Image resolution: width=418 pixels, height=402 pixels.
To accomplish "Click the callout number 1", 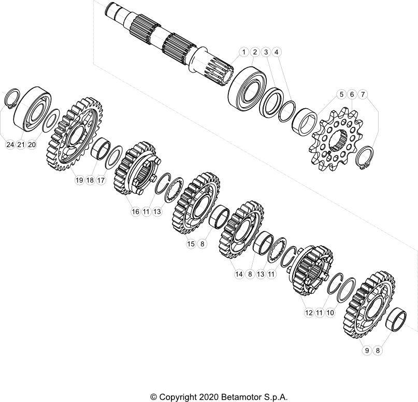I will (x=243, y=52).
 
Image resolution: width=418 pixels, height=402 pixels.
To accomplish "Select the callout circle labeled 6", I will (x=352, y=94).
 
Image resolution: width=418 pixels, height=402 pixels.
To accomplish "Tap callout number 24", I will (x=10, y=145).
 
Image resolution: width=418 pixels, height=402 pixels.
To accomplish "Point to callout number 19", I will (x=79, y=180).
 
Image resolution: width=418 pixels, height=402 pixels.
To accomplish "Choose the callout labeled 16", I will (x=136, y=211).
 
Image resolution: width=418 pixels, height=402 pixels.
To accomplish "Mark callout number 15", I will (x=191, y=243).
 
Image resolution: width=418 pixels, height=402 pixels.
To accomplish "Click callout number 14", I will (x=239, y=275).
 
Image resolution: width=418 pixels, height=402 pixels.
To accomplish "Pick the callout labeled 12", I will (x=309, y=313).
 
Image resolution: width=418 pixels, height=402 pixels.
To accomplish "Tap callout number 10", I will (x=330, y=313).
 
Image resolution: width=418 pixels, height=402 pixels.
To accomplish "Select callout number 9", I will (x=367, y=351).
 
